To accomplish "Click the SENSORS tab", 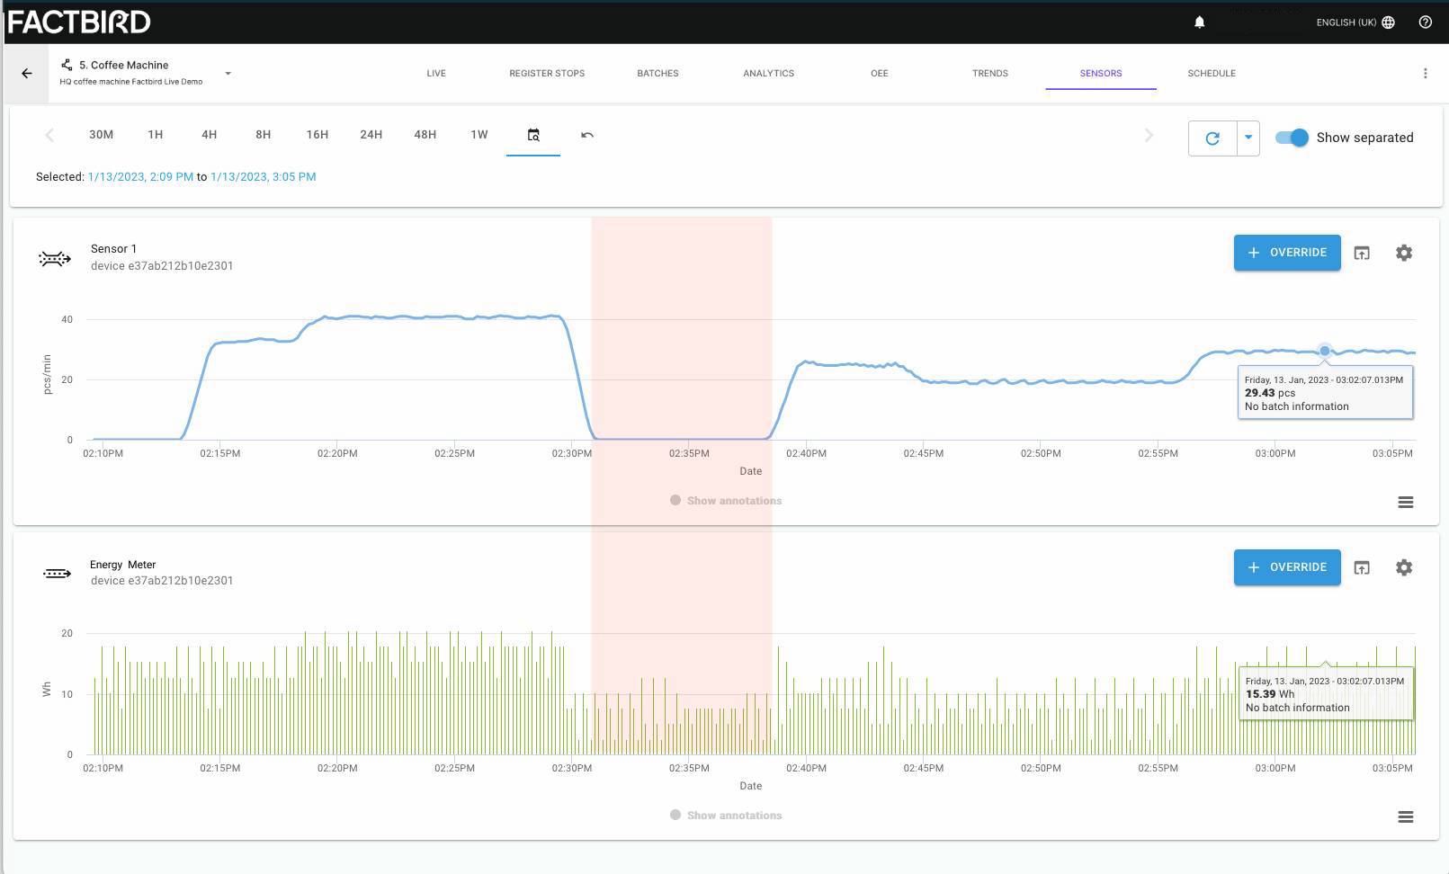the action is pos(1100,73).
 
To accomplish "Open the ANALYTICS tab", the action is pos(768,73).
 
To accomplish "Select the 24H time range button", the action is pos(371,135).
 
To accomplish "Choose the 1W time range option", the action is pos(479,135).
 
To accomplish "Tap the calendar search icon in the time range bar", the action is pos(533,135).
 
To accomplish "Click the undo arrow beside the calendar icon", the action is pos(587,135).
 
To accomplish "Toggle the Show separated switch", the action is pos(1292,137).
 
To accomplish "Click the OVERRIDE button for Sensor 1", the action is pos(1286,252).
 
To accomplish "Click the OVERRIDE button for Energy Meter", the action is pos(1286,567).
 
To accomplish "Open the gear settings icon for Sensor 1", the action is pos(1404,252).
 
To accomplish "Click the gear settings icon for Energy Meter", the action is pos(1404,567).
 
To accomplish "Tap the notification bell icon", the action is pos(1199,22).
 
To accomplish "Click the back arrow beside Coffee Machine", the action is pos(26,73).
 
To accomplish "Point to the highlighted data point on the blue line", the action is pos(1324,351).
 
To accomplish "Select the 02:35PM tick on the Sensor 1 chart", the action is pos(689,453).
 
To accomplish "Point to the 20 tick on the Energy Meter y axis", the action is pos(67,633).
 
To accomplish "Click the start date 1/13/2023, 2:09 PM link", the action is pos(140,176).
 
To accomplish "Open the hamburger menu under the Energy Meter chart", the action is pos(1405,816).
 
